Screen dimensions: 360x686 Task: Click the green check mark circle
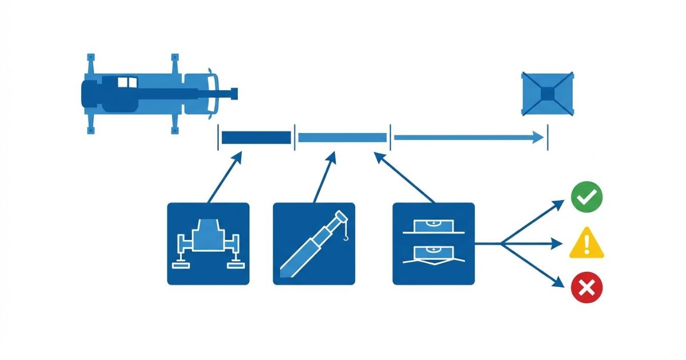tap(587, 198)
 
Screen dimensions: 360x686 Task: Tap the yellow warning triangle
tap(587, 243)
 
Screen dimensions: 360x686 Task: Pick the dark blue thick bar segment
tap(256, 138)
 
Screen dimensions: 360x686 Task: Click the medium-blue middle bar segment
tap(342, 138)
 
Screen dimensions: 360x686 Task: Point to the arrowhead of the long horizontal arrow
tap(537, 137)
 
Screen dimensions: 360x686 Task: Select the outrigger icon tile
tap(208, 243)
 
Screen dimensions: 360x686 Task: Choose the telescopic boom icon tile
tap(314, 243)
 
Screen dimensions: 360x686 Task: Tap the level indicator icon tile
tap(433, 243)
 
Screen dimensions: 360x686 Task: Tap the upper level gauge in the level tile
tap(433, 227)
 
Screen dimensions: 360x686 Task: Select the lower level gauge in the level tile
tap(433, 254)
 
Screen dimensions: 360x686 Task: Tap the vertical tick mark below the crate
tap(548, 137)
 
